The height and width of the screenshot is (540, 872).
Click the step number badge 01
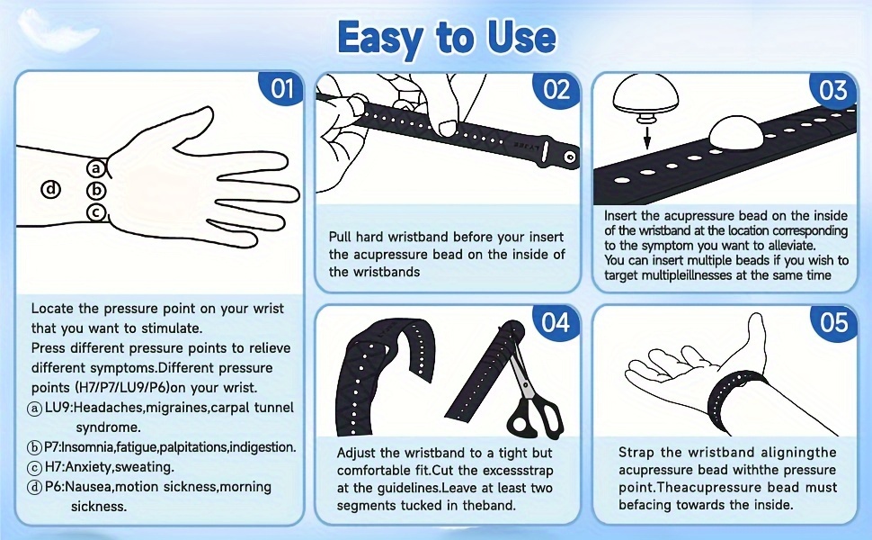(281, 88)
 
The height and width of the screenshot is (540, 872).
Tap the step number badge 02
(556, 89)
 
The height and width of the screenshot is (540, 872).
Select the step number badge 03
(832, 90)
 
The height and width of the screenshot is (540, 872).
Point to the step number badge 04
(556, 322)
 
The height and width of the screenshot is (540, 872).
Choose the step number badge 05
(833, 322)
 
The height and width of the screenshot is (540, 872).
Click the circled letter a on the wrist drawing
(96, 167)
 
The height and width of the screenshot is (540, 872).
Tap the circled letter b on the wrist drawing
(96, 191)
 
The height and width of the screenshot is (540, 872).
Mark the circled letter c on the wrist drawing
(96, 212)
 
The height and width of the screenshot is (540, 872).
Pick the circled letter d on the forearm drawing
(51, 189)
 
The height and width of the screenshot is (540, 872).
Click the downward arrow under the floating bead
(646, 137)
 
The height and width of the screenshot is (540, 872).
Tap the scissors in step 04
(530, 390)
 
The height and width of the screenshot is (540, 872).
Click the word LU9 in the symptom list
(58, 408)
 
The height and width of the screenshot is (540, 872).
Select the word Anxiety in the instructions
(88, 467)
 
